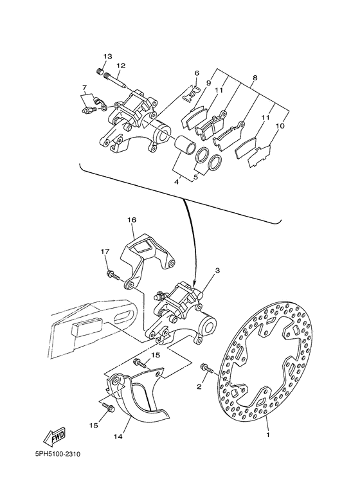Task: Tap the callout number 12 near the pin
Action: (121, 66)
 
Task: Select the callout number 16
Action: (132, 220)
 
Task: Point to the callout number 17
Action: (105, 251)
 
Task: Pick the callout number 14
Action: (118, 436)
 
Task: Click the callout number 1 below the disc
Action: (268, 435)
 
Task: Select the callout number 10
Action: (280, 126)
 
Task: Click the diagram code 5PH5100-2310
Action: (58, 454)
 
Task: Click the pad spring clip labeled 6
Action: (192, 95)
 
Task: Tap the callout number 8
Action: (255, 78)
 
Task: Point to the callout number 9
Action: (208, 83)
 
